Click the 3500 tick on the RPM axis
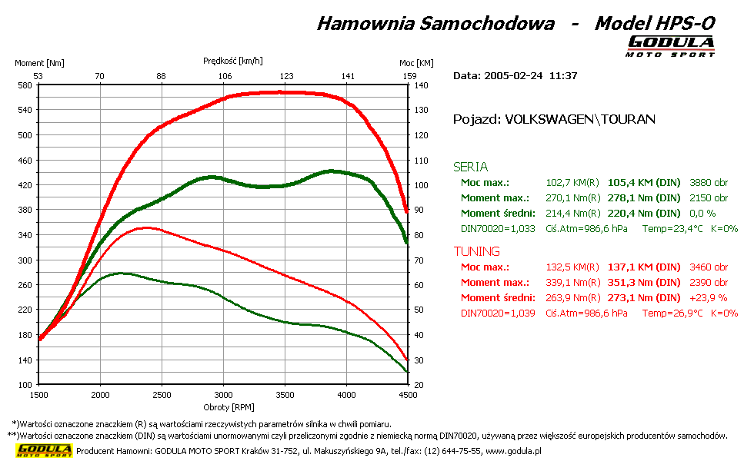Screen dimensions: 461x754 (x=285, y=395)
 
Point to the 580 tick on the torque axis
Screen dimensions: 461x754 (x=24, y=85)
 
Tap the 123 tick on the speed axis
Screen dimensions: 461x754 (x=286, y=76)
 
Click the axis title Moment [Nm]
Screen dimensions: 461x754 (x=39, y=63)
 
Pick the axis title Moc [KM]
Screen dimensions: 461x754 (x=416, y=63)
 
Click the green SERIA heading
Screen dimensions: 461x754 (x=471, y=167)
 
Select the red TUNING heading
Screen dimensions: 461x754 (x=477, y=251)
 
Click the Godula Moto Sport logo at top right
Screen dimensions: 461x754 (x=671, y=46)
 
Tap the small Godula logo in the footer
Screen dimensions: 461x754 (x=45, y=450)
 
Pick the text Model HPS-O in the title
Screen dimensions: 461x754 (x=655, y=23)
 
